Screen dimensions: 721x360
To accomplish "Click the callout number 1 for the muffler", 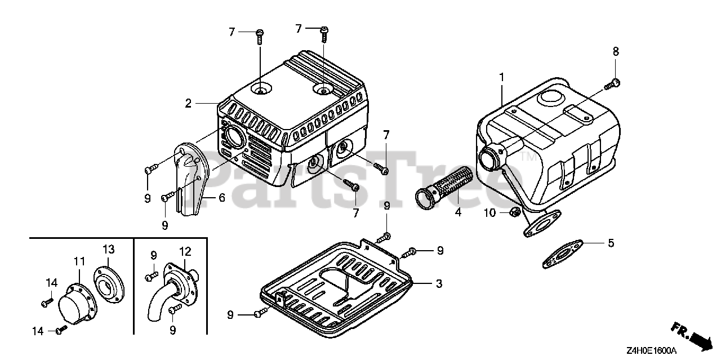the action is point(501,76).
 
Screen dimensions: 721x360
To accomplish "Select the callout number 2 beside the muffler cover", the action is point(188,103).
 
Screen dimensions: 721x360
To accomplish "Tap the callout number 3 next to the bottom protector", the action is point(439,283).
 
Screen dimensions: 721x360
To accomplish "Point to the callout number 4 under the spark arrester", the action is point(458,212).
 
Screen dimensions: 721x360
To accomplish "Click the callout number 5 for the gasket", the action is point(611,243).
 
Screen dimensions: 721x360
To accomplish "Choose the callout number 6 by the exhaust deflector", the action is point(221,198).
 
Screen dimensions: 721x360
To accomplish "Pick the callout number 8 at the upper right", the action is point(616,51).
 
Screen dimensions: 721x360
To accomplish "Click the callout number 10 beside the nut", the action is point(489,213).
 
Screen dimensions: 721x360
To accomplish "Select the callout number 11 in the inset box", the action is point(79,261).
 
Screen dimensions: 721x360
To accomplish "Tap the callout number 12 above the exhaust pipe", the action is point(185,251).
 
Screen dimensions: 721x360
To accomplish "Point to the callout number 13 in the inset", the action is point(109,250).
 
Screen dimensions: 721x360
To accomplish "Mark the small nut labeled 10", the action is point(513,212).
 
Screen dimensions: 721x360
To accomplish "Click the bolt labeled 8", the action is point(612,85).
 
